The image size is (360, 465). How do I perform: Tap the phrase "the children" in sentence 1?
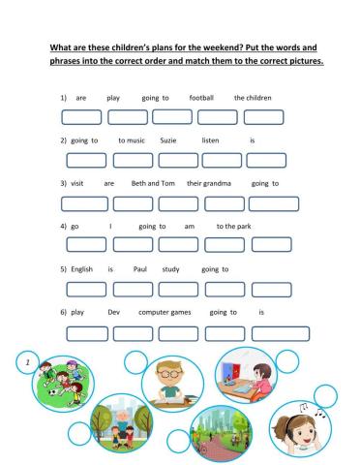click(253, 98)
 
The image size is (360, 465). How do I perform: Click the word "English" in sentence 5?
click(82, 268)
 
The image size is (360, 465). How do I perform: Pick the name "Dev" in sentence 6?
click(113, 312)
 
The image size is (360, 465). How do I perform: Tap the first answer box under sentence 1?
click(81, 118)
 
